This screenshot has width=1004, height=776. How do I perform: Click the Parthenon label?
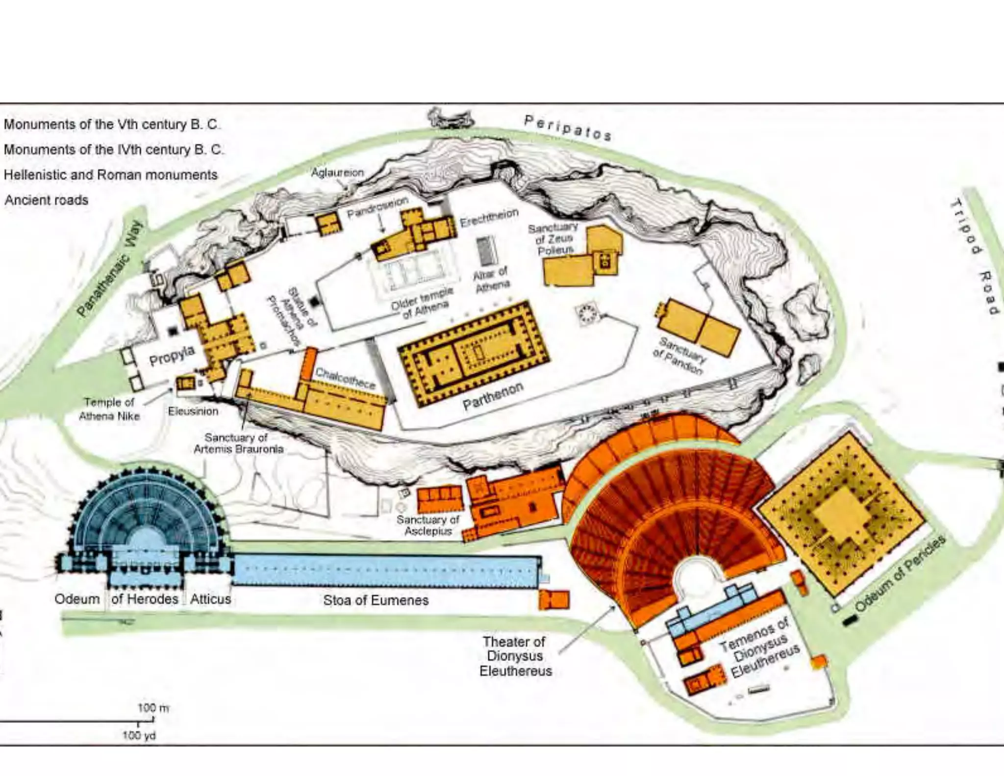pos(493,396)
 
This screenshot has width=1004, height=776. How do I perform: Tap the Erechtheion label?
pos(489,218)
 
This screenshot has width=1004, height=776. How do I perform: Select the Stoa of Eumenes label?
pos(376,600)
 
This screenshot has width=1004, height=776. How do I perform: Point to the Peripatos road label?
pos(568,128)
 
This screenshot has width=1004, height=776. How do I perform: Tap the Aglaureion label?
pos(337,173)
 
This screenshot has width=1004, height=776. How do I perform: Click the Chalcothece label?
pos(345,378)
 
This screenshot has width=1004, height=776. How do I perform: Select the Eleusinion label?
pos(193,411)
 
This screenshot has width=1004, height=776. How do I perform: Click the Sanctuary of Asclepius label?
pos(428,525)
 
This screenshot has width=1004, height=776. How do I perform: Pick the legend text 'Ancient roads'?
pos(47,200)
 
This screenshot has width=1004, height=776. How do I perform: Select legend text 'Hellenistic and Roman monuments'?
pos(110,175)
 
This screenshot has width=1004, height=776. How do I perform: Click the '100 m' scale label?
pos(152,708)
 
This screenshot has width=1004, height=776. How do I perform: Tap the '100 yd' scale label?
pos(139,736)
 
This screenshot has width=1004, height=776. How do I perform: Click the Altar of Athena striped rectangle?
pos(487,251)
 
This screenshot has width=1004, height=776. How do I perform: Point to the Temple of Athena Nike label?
pos(109,409)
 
